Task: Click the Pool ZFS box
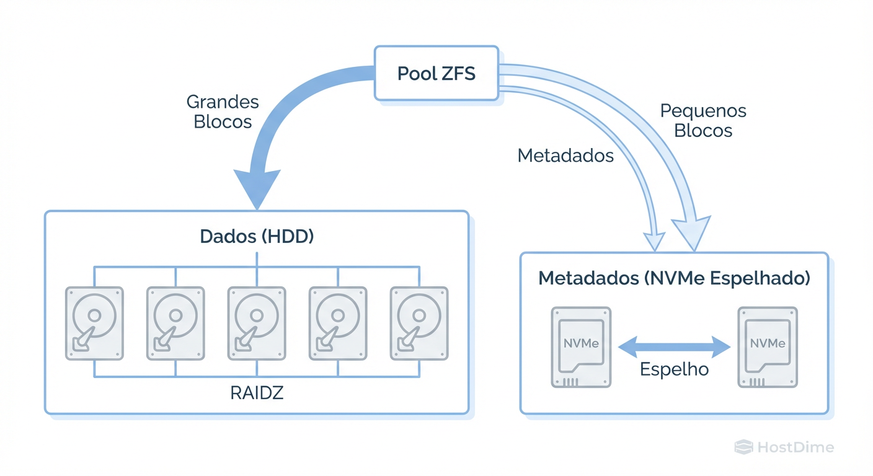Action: click(x=436, y=73)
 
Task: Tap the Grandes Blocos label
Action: click(x=223, y=112)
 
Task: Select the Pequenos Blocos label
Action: click(x=703, y=121)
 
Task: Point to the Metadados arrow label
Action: click(x=565, y=156)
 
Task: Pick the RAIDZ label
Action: click(x=257, y=393)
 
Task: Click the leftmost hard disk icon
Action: click(x=94, y=323)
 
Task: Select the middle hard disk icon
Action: click(x=257, y=323)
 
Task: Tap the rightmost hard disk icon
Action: click(x=419, y=323)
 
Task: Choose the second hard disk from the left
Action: click(x=175, y=323)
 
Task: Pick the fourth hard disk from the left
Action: click(x=338, y=323)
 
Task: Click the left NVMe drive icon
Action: click(x=581, y=347)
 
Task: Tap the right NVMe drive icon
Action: click(x=768, y=347)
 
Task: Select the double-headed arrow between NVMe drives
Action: click(x=675, y=346)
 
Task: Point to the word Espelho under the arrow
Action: click(x=675, y=369)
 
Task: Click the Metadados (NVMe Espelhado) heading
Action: click(x=674, y=278)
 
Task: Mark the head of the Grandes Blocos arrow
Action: click(x=256, y=189)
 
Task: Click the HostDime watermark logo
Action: click(x=784, y=447)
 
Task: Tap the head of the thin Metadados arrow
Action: click(x=655, y=241)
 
